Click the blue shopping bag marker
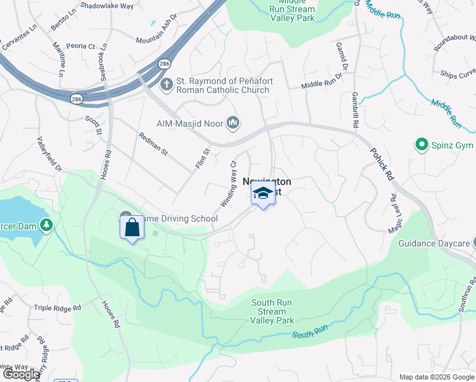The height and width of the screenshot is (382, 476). [x=132, y=227]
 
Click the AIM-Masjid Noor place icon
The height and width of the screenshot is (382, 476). [x=233, y=122]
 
